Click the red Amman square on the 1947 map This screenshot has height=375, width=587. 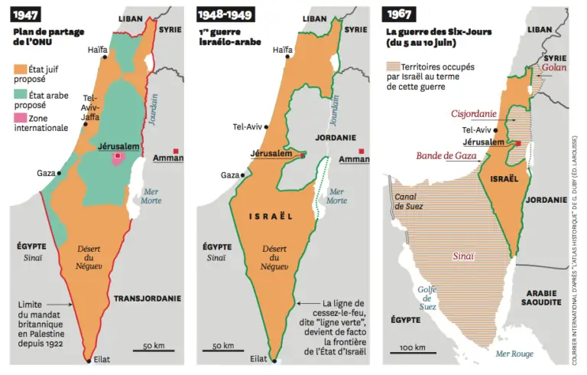tap(177, 151)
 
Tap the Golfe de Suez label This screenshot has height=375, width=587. tap(428, 297)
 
